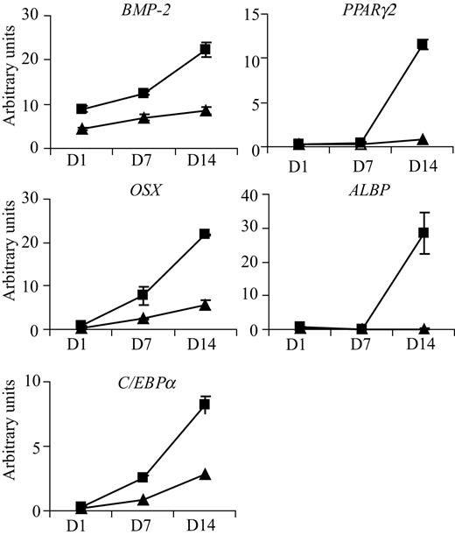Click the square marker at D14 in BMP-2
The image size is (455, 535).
206,50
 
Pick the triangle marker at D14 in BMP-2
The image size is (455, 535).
206,110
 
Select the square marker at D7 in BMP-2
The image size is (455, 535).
143,93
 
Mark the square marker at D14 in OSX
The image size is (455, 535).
206,234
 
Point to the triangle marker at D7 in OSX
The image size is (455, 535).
143,318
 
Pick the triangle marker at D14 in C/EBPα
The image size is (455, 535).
206,474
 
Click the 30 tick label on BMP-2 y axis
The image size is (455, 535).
33,16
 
